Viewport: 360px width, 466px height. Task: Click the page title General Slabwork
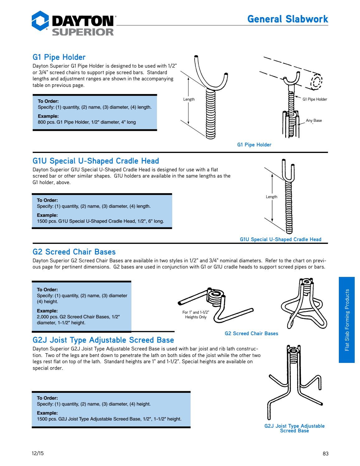click(x=287, y=19)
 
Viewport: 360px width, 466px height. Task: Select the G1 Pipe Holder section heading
click(x=59, y=57)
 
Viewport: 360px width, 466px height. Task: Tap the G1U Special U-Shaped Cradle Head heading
click(x=96, y=161)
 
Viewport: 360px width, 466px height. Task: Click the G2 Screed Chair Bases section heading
click(x=74, y=252)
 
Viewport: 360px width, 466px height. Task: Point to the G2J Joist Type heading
click(x=103, y=340)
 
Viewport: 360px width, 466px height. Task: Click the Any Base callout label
click(x=314, y=121)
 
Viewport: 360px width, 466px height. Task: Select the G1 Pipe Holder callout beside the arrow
click(x=315, y=99)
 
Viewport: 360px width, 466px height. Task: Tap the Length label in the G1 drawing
click(x=189, y=99)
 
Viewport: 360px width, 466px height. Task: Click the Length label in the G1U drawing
click(x=271, y=197)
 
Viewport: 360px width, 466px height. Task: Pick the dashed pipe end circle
click(x=316, y=82)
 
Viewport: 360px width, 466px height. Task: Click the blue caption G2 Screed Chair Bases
click(x=251, y=334)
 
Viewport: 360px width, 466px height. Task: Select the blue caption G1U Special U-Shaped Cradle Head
click(x=280, y=240)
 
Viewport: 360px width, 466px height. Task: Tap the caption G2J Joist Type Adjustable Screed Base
click(x=294, y=428)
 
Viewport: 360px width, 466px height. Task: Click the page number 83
click(x=325, y=454)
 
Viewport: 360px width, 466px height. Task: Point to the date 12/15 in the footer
click(x=38, y=453)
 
